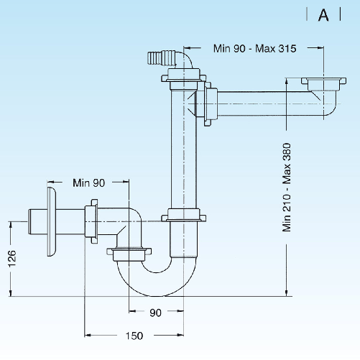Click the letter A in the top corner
[323, 15]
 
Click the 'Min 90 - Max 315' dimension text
[255, 48]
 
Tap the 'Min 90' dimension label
[90, 183]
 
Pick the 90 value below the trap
[156, 312]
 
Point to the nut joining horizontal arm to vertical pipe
[211, 105]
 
